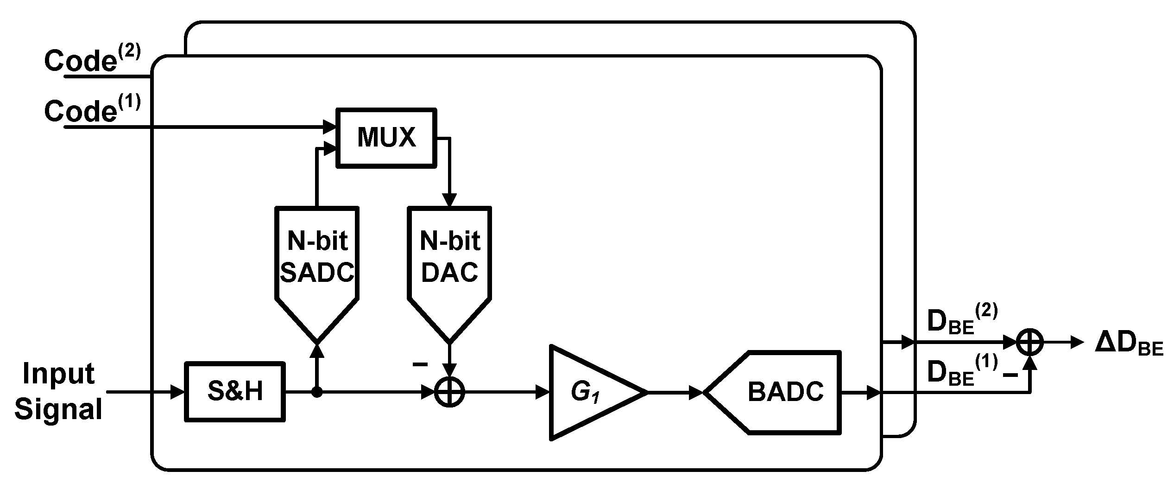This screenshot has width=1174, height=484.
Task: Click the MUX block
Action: [x=386, y=137]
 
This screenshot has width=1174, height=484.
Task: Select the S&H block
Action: [x=235, y=392]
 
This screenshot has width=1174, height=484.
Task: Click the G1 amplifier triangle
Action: [x=588, y=392]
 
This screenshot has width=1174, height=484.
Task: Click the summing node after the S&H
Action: [x=449, y=393]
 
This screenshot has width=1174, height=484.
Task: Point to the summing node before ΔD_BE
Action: [x=1029, y=343]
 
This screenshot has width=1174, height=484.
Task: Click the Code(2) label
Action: [x=91, y=60]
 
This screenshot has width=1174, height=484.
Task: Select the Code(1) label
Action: [x=91, y=110]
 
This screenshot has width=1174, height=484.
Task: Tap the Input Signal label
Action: [x=59, y=392]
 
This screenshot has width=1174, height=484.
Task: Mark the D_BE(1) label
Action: [x=961, y=371]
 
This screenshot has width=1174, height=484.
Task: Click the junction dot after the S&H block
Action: [x=317, y=393]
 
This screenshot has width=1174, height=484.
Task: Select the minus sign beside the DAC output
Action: [x=420, y=365]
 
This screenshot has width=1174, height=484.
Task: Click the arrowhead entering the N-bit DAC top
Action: [x=449, y=200]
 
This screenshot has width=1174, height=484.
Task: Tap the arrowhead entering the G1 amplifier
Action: [x=543, y=393]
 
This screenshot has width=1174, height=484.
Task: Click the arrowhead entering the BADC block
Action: [x=696, y=393]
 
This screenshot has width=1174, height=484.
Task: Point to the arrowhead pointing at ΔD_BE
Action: [x=1078, y=343]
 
